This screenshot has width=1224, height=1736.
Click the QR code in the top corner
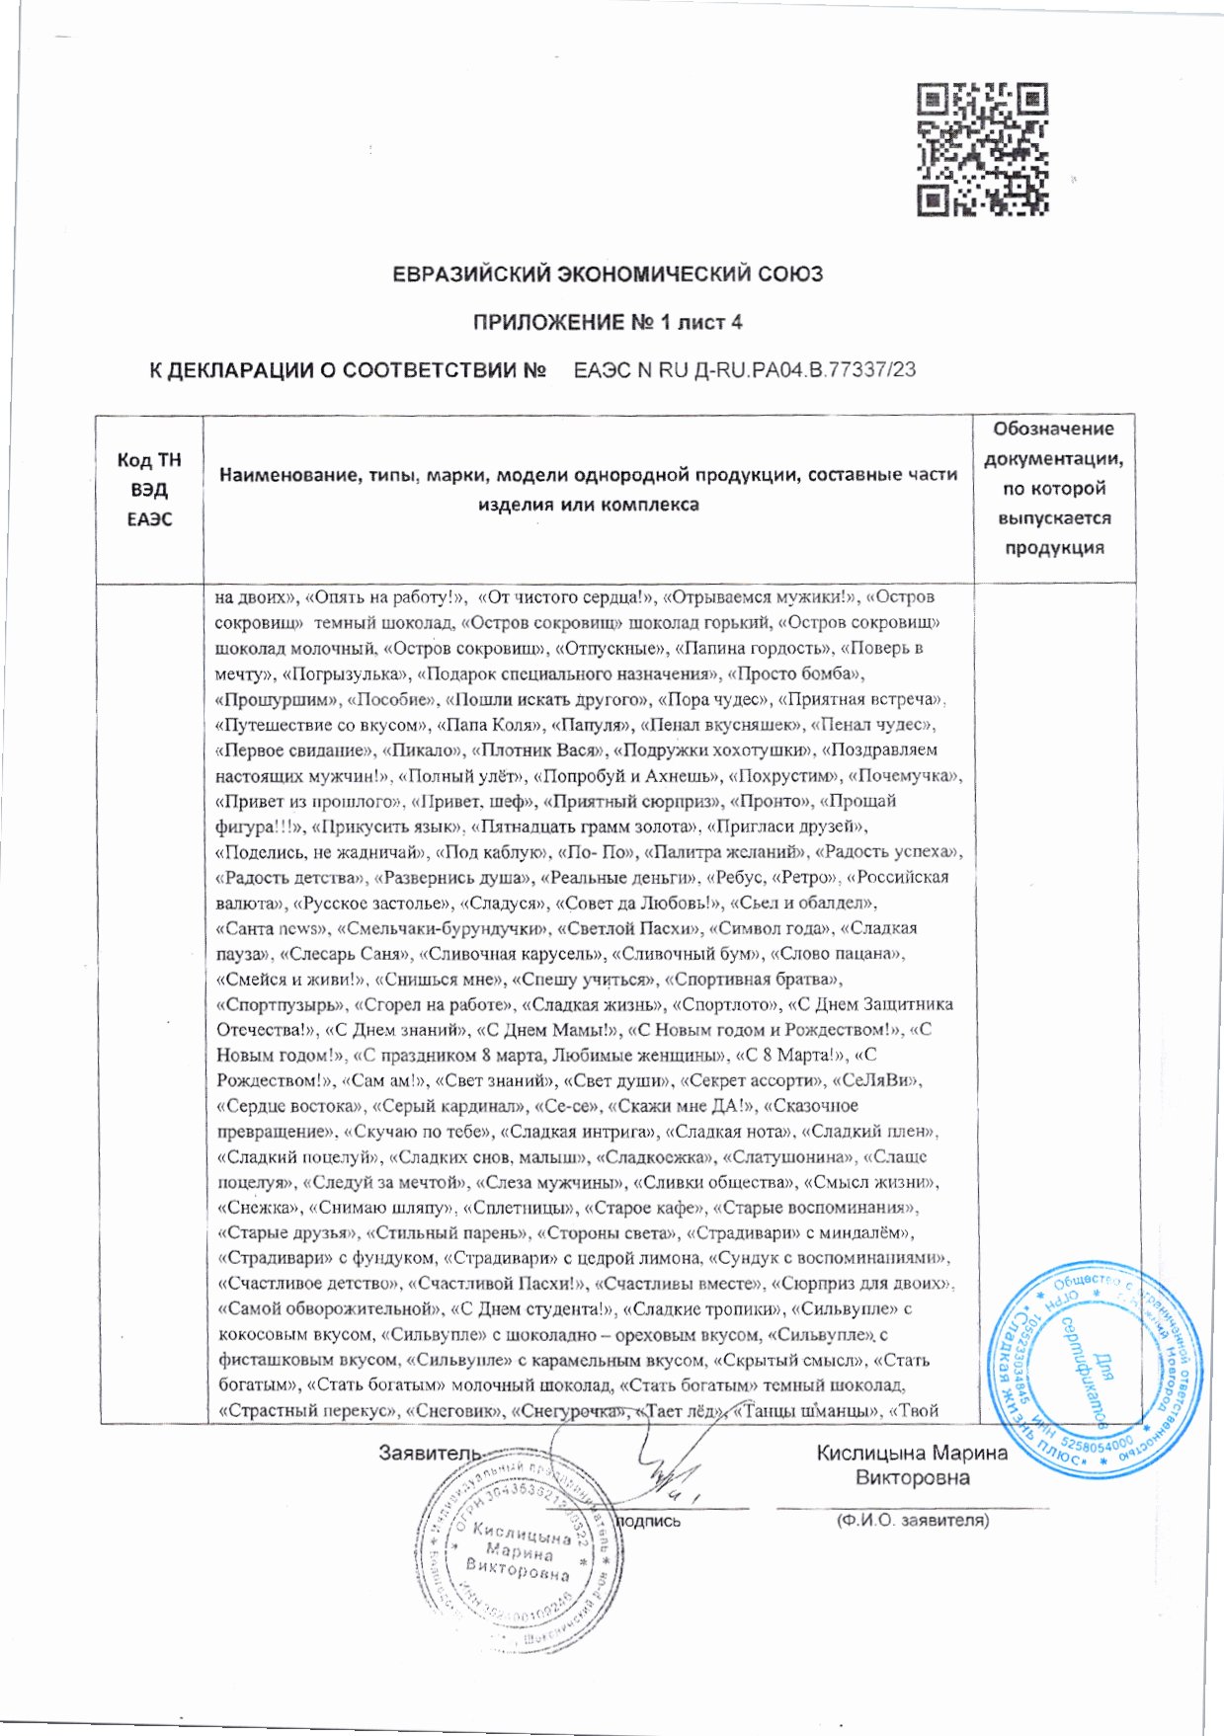(x=981, y=149)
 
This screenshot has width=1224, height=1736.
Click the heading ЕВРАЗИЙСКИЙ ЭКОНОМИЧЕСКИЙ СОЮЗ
(x=608, y=275)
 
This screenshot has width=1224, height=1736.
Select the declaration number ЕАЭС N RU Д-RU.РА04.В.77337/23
(x=745, y=370)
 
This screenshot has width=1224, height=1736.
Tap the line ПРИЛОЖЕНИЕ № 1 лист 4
(x=608, y=323)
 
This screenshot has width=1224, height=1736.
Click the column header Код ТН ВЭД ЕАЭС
(x=149, y=490)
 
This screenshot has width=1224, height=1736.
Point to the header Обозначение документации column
(x=1054, y=488)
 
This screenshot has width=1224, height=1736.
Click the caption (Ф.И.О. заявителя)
(x=912, y=1521)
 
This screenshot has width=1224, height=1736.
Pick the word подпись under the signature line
(x=648, y=1522)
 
